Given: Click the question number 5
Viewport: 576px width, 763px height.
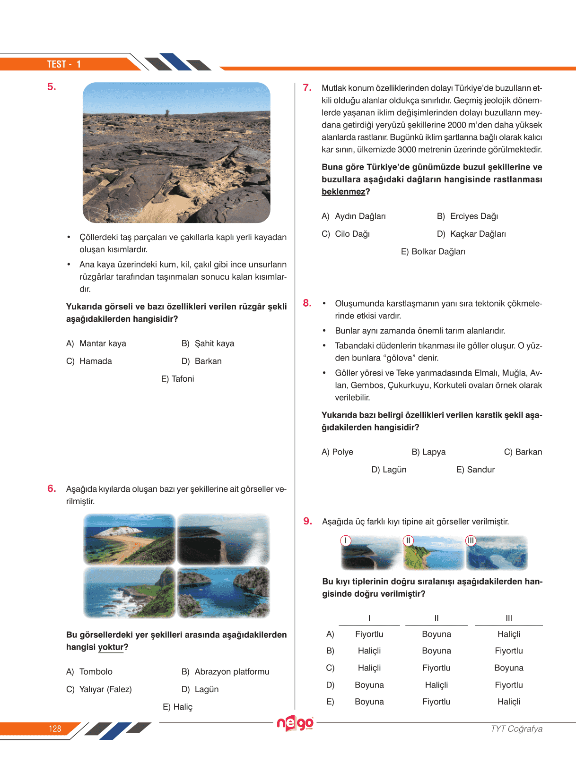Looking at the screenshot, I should point(52,87).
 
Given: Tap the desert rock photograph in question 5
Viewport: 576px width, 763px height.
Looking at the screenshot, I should point(176,153).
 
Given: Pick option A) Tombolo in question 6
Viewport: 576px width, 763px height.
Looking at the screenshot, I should point(89,672).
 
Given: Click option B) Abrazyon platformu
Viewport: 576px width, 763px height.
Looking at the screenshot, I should point(226,672).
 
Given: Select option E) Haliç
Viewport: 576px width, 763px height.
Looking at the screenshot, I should point(177,707).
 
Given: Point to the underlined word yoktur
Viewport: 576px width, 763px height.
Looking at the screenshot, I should point(111,647).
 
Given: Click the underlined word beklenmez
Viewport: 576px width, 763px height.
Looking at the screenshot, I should point(343,192).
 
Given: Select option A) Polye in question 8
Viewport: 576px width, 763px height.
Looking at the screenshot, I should point(337,452).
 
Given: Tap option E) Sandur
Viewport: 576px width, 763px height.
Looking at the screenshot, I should point(475,470).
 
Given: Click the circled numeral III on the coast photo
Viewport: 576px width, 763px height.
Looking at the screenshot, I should point(471,540).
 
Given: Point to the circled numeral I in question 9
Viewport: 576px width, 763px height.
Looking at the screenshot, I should point(346,540).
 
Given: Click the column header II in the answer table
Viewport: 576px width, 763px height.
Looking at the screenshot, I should point(436,618).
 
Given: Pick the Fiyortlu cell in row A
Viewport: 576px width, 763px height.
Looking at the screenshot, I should point(369,634).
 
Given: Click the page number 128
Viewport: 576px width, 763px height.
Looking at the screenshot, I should point(55,729).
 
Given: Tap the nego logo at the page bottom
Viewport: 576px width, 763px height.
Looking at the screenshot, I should point(296,723).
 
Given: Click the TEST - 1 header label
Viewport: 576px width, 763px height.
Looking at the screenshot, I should point(64,64).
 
